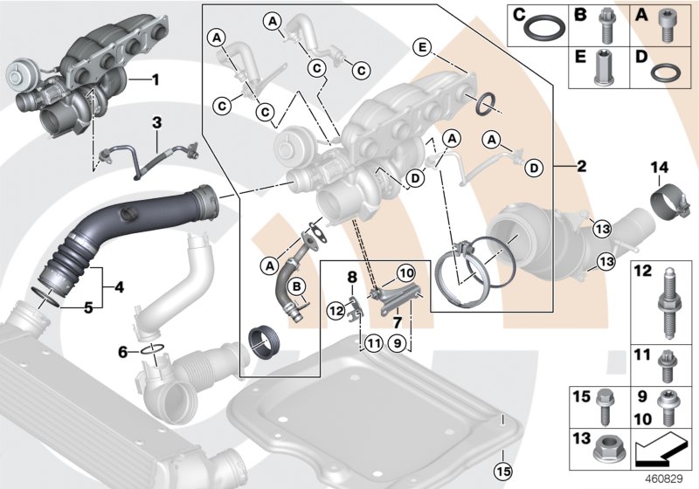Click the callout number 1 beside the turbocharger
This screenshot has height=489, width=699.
[x=155, y=80]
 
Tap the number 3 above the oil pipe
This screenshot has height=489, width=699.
[x=156, y=125]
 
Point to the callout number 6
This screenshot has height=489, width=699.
[x=124, y=351]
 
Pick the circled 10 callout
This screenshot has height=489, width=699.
[x=407, y=273]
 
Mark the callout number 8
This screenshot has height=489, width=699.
[x=352, y=277]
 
